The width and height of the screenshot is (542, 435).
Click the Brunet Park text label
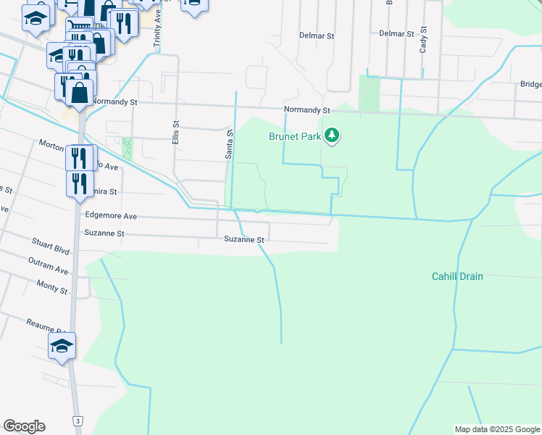[295, 136]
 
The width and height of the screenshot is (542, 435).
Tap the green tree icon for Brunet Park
[332, 136]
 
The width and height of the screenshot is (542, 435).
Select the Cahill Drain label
[457, 276]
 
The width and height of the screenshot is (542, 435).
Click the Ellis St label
[175, 133]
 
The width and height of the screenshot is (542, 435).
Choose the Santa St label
[229, 145]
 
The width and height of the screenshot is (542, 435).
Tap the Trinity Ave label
[157, 34]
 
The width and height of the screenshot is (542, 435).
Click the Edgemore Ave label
[111, 215]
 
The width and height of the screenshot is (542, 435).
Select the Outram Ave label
[49, 265]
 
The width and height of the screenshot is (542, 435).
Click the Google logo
[24, 426]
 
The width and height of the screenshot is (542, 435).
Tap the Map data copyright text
[498, 429]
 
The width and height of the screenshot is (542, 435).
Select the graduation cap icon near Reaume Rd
[62, 345]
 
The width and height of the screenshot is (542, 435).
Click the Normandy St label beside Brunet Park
[307, 110]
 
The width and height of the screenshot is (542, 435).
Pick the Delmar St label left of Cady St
[396, 33]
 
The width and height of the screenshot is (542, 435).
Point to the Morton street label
[52, 144]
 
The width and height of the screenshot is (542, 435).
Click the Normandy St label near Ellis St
[114, 102]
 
